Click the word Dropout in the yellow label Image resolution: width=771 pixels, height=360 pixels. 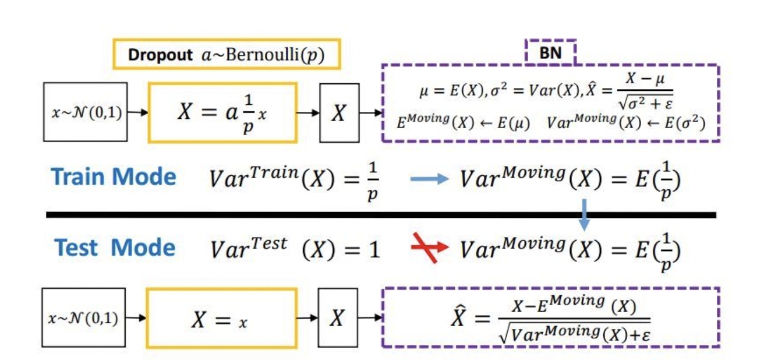[x=160, y=55]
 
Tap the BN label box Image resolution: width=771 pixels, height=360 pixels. [x=550, y=52]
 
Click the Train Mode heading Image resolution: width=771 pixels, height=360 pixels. [x=114, y=177]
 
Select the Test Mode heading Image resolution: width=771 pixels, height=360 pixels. [x=115, y=248]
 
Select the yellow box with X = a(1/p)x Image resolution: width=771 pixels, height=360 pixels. [x=222, y=112]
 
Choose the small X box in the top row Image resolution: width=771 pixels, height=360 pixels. [x=339, y=112]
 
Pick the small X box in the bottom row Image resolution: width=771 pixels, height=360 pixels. [x=338, y=317]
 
